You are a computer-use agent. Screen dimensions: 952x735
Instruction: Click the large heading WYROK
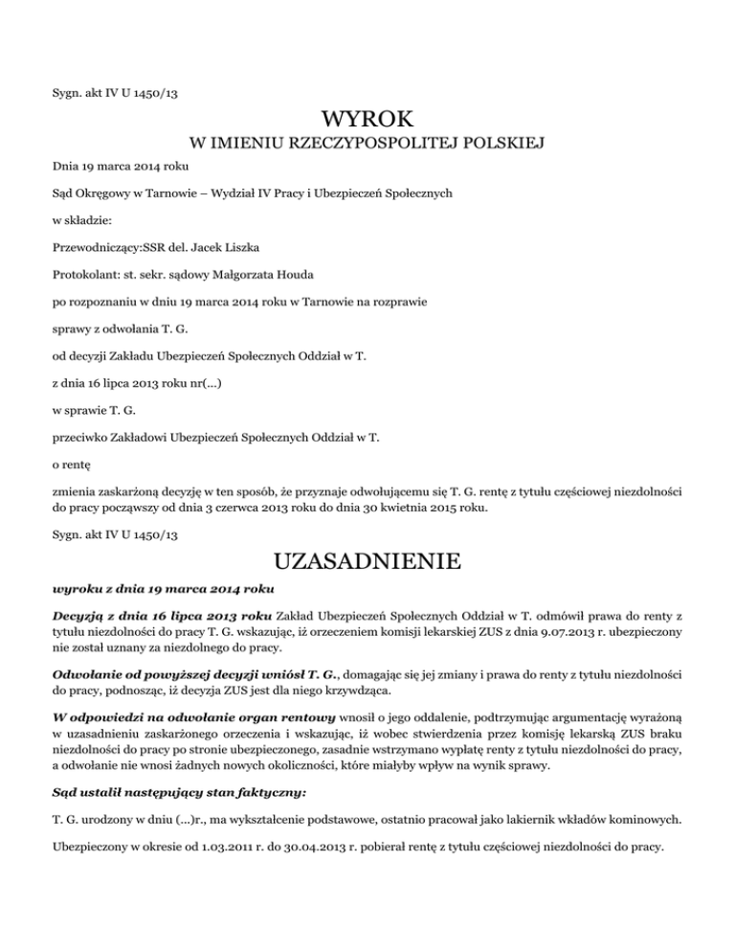tap(367, 121)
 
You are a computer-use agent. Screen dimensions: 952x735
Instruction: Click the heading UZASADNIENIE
tap(367, 557)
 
